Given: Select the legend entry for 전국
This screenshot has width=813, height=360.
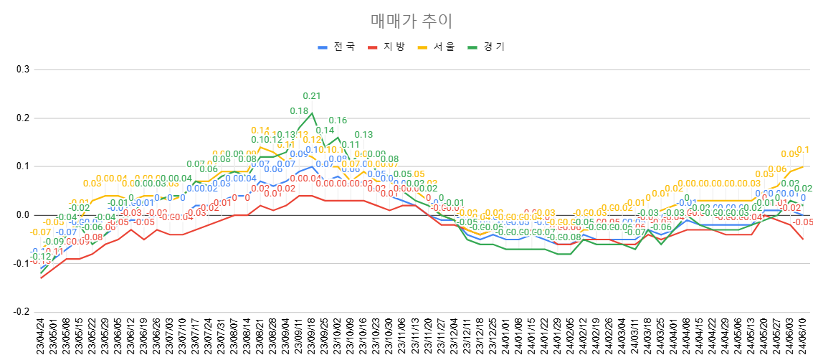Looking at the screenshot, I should point(338,47).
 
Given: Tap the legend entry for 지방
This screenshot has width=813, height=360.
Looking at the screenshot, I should point(388,47).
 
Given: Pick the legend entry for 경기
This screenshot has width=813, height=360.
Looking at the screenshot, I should point(488,47).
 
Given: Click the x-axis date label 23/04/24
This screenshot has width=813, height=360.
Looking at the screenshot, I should point(41,337).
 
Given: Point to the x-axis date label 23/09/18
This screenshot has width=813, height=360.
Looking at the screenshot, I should point(312,337).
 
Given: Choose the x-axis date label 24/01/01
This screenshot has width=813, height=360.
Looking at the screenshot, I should point(505,337).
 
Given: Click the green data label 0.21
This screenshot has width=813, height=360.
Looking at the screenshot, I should point(312,96).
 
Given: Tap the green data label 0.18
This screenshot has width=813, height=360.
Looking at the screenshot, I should point(299,111).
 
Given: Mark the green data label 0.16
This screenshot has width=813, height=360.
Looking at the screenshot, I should point(338,120).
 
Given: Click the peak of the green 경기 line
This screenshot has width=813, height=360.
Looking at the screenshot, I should point(312,113).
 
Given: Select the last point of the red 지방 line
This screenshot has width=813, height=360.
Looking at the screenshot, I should point(803,240).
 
